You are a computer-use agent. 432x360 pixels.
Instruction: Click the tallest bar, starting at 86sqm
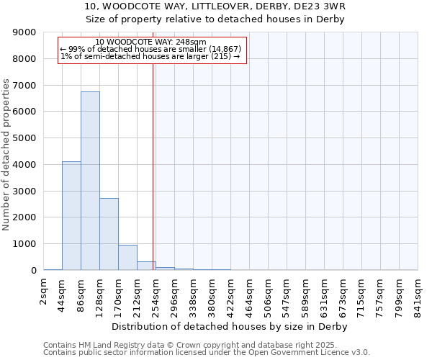pos(90,181)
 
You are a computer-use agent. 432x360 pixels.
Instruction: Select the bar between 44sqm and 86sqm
pos(71,216)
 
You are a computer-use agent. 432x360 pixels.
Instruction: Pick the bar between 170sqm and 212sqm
pos(127,258)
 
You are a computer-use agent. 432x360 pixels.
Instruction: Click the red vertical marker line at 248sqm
pos(153,166)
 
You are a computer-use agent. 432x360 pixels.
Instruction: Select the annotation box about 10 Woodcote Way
pos(151,50)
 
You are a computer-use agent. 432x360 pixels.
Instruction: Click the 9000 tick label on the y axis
pos(24,32)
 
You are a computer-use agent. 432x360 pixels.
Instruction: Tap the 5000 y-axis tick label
pos(24,138)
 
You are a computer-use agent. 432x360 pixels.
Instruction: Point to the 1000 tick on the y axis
pos(24,244)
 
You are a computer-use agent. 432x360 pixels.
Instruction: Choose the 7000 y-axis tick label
pos(24,86)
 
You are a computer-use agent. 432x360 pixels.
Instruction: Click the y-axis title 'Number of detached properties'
pos(6,155)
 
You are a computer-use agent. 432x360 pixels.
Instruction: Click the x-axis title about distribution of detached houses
pos(230,327)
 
